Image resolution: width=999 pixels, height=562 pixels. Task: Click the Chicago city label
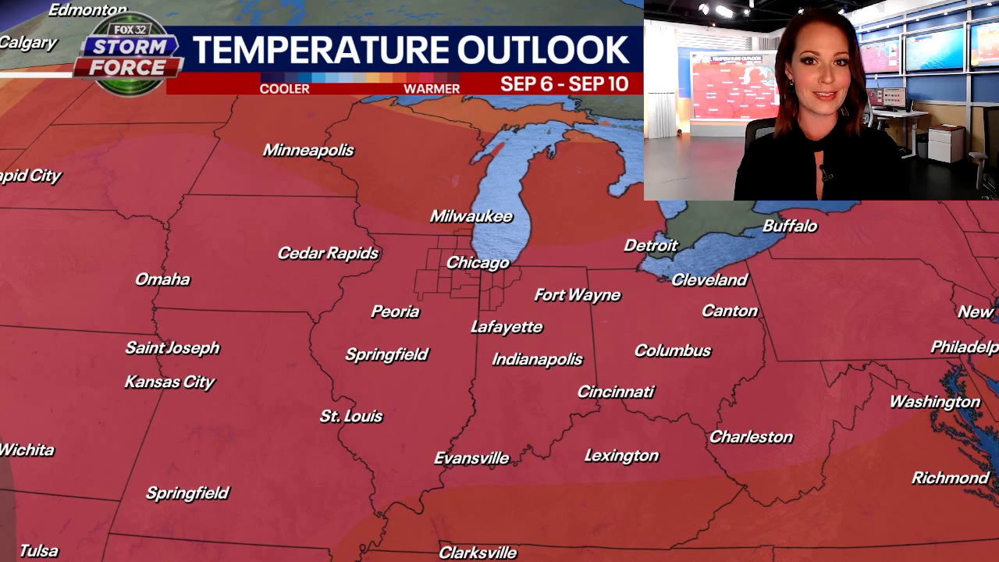[x=478, y=263]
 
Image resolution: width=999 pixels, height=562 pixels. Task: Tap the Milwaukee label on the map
[x=471, y=216]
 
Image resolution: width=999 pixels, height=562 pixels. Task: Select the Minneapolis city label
[x=308, y=150]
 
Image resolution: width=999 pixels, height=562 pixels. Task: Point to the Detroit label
[x=651, y=246]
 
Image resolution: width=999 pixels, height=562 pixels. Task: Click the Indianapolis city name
[x=537, y=360]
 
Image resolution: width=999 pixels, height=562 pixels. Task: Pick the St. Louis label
[x=351, y=416]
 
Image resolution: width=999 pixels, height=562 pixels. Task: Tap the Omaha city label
[x=162, y=279]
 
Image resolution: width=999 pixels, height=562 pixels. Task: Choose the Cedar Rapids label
[x=328, y=253]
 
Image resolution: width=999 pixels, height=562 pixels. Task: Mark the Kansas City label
[x=169, y=382]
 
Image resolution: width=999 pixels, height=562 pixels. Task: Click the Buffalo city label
[x=790, y=226]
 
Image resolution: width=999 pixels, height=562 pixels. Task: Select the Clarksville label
[x=478, y=553]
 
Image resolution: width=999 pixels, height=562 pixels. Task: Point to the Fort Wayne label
[x=578, y=295]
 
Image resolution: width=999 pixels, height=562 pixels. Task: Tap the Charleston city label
[x=751, y=437]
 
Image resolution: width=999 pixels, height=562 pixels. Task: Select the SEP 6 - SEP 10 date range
[x=564, y=84]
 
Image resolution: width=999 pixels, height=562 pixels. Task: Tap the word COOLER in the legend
[x=284, y=89]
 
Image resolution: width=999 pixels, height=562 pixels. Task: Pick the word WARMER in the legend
[x=432, y=89]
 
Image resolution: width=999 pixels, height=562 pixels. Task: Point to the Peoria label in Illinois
[x=395, y=311]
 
